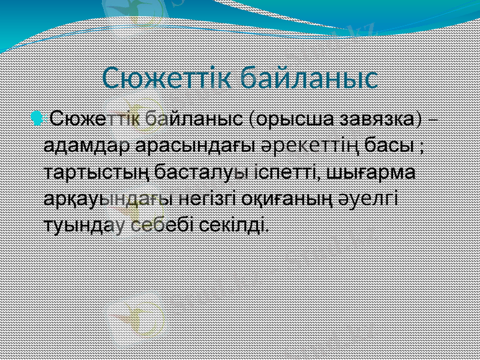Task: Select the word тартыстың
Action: pyautogui.click(x=97, y=172)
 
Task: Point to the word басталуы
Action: pyautogui.click(x=201, y=172)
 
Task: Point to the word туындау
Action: pyautogui.click(x=83, y=226)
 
